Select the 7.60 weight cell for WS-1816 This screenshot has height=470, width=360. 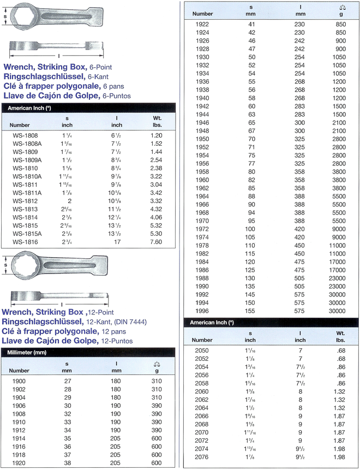pos(156,242)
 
